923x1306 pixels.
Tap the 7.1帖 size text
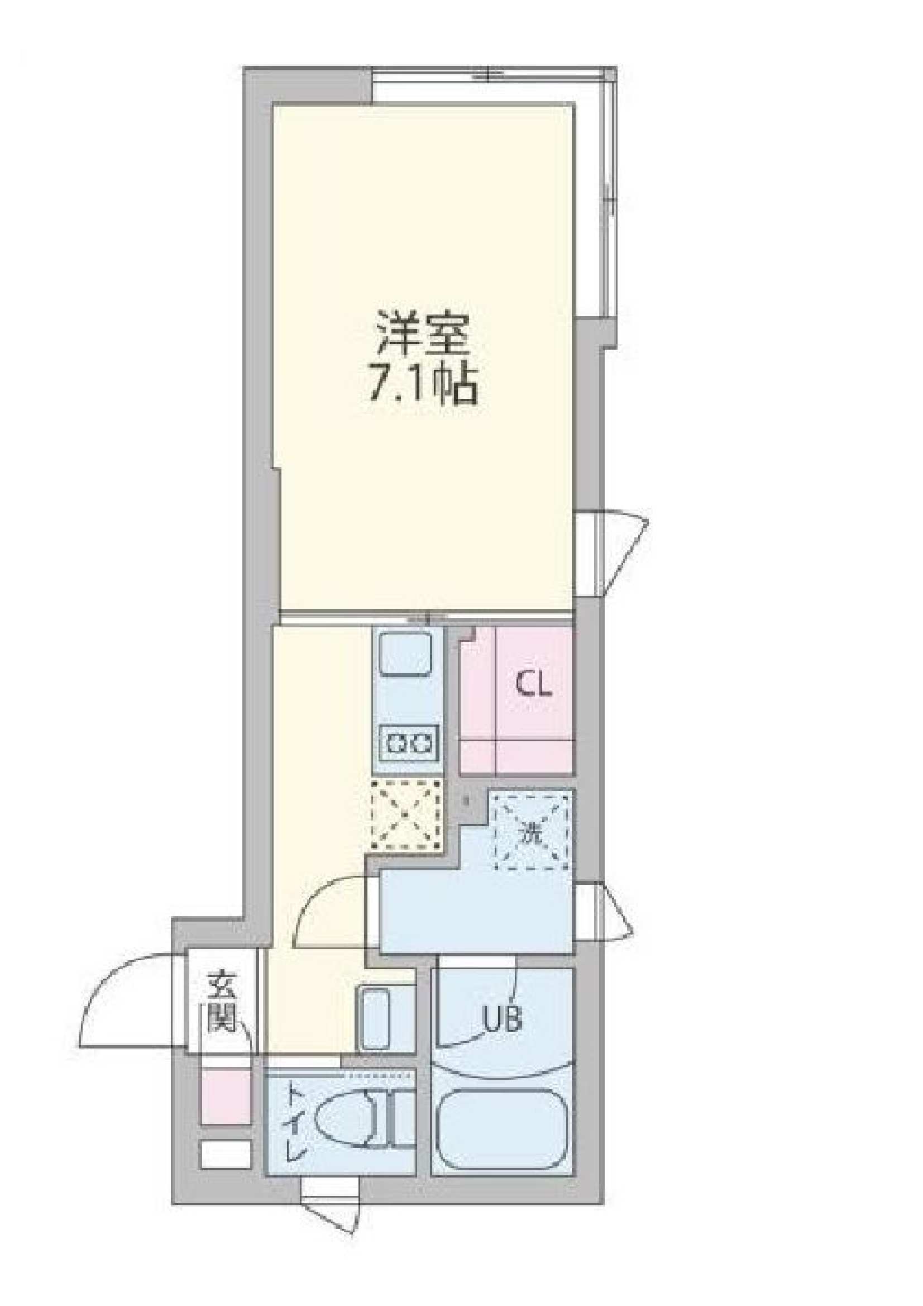coord(424,385)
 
